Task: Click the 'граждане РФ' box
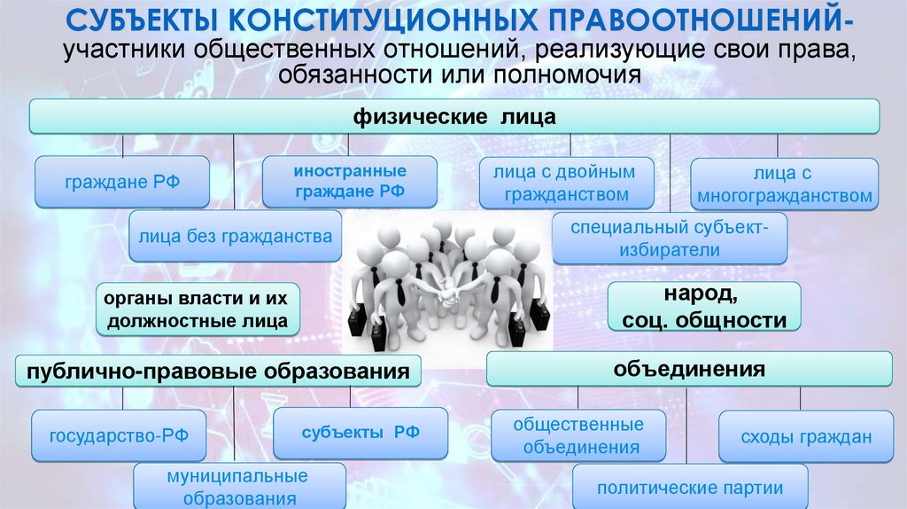pos(122,183)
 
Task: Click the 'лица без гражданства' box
pos(235,236)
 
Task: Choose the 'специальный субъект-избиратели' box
pos(670,239)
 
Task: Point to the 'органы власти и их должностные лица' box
pos(197,309)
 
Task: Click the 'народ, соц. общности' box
pos(703,307)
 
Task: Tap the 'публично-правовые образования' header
pos(218,371)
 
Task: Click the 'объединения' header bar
pos(689,368)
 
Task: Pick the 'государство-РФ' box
pos(116,436)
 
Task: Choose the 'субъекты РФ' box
pos(360,433)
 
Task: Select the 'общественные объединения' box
pos(579,436)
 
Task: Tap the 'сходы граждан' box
pos(806,436)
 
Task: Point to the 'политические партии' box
pos(690,487)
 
